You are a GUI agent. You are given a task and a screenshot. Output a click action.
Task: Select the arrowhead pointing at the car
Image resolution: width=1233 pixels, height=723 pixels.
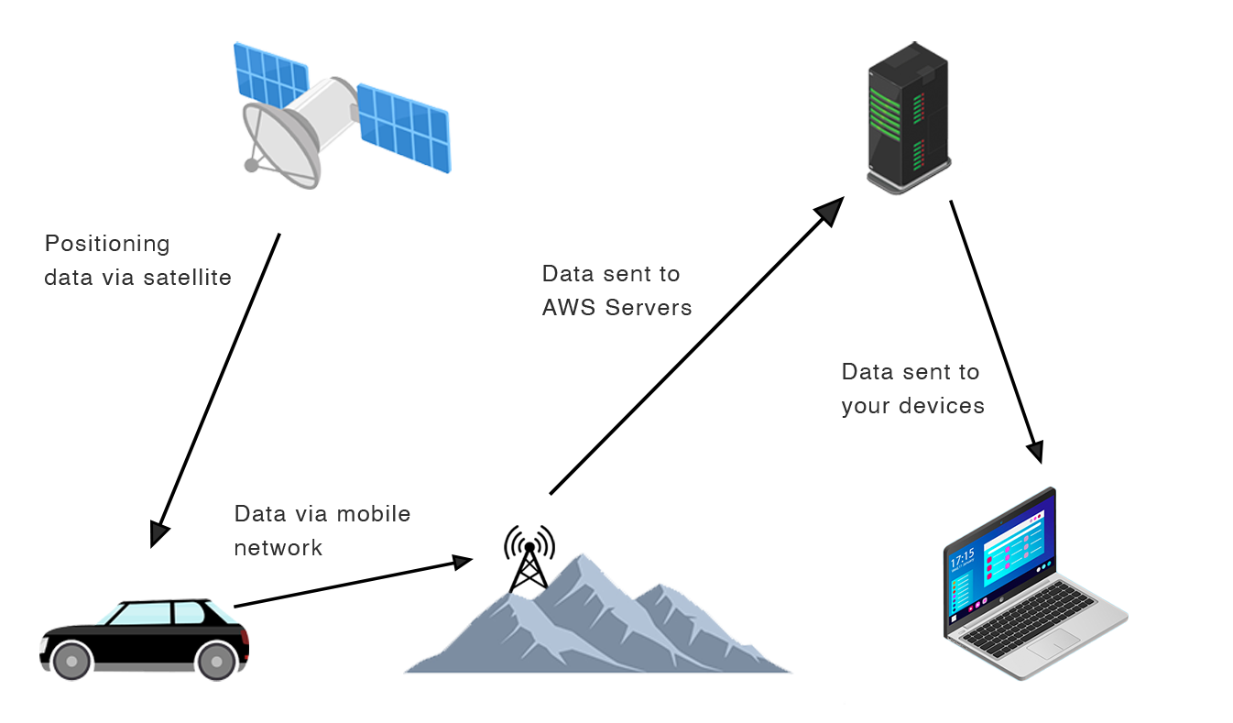[x=159, y=532]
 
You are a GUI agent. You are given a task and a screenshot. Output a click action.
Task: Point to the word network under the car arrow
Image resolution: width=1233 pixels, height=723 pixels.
[x=278, y=548]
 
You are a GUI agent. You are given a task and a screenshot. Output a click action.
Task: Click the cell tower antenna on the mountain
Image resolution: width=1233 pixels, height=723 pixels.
[x=529, y=556]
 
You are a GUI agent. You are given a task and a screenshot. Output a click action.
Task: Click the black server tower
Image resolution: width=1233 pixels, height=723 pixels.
[x=907, y=115]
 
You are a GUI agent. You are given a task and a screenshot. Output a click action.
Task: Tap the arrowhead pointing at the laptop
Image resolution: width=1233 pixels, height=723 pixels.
[x=1034, y=450]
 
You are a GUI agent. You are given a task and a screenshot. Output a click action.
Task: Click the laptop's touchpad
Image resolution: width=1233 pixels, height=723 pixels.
[x=1053, y=648]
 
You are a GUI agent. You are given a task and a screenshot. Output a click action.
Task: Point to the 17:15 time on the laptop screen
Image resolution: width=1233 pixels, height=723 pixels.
[x=962, y=559]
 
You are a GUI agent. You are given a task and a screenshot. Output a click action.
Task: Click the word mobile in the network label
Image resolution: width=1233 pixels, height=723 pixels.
[x=373, y=514]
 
